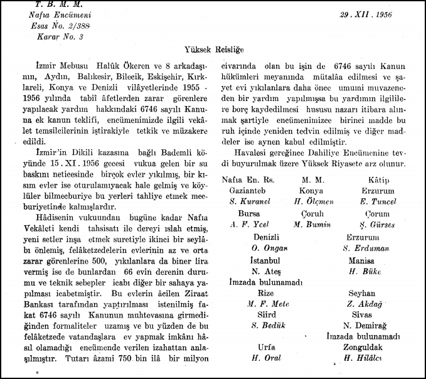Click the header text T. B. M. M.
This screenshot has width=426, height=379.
point(48,4)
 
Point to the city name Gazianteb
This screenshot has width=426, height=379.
point(247,190)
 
